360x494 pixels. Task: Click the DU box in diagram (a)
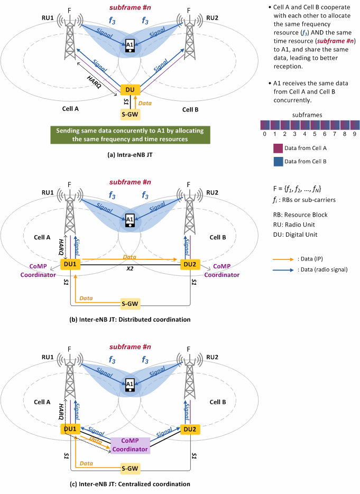[x=130, y=90]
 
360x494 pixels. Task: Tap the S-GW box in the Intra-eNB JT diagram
[x=130, y=114]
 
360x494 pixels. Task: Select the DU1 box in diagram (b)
[x=70, y=264]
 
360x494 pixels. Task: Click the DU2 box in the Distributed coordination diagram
[x=190, y=264]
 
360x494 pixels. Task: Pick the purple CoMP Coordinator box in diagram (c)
[x=130, y=445]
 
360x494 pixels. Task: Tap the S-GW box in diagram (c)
[x=130, y=468]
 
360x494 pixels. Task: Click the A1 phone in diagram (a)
[x=130, y=46]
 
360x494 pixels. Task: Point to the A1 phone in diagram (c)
[x=130, y=385]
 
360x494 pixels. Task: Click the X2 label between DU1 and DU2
[x=130, y=269]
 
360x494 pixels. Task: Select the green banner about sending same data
[x=130, y=135]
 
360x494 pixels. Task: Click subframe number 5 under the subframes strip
[x=315, y=134]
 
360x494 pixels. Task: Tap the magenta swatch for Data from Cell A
[x=278, y=148]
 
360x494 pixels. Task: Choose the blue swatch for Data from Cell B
[x=278, y=161]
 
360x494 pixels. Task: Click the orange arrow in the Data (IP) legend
[x=283, y=259]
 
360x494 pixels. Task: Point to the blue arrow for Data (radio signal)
[x=283, y=269]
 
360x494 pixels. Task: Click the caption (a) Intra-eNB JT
[x=130, y=155]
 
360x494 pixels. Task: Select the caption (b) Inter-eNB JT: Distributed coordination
[x=130, y=320]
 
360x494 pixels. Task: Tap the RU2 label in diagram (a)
[x=212, y=18]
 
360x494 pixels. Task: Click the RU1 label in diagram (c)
[x=48, y=357]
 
